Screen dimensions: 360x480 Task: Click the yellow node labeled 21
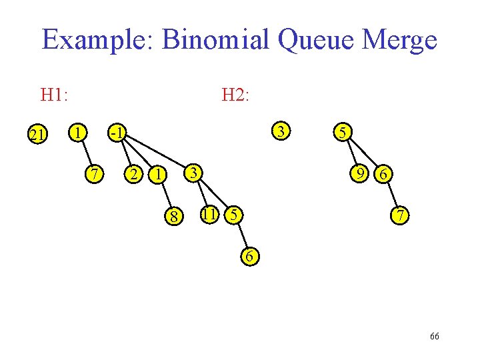click(36, 135)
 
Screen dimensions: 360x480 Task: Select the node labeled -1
click(117, 132)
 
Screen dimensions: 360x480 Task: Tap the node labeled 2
click(134, 175)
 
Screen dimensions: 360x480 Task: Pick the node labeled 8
click(173, 217)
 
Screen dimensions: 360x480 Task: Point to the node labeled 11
click(209, 215)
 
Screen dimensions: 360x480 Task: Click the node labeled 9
click(361, 174)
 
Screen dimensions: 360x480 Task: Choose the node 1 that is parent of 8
click(157, 175)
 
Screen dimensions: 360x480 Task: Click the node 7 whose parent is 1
click(95, 174)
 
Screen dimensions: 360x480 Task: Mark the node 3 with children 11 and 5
click(193, 173)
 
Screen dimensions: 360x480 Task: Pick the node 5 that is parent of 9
click(341, 132)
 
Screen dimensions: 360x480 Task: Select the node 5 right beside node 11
click(233, 215)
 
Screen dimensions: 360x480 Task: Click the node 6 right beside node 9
click(383, 175)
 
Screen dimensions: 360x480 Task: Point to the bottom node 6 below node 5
click(249, 257)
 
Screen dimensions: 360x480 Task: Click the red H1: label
click(54, 95)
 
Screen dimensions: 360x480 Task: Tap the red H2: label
click(235, 95)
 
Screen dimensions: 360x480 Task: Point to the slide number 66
click(434, 337)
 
